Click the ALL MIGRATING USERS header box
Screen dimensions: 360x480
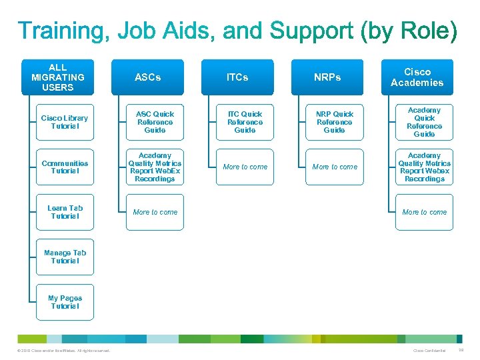(x=57, y=77)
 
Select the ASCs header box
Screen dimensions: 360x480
(x=147, y=77)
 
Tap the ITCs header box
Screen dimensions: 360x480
(x=237, y=77)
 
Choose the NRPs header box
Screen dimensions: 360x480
(x=327, y=77)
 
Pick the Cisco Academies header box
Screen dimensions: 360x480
(x=417, y=77)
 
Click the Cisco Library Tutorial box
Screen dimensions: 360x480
(x=65, y=122)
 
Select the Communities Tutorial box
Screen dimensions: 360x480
(x=65, y=167)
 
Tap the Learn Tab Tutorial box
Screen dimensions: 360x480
(x=65, y=212)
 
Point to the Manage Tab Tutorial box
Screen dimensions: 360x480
(x=65, y=257)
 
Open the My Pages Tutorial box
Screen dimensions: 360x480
(x=65, y=302)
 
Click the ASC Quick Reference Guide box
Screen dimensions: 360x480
(x=155, y=122)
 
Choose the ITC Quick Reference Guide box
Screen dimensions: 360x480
(x=245, y=122)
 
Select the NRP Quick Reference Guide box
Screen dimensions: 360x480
(x=335, y=122)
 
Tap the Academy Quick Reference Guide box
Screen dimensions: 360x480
(x=425, y=122)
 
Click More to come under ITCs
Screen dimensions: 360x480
(x=245, y=167)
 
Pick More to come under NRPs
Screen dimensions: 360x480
(x=335, y=167)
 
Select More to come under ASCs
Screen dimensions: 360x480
(x=155, y=212)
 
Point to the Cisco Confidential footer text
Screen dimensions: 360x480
(x=429, y=351)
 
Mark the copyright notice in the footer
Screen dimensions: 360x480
(x=61, y=351)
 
